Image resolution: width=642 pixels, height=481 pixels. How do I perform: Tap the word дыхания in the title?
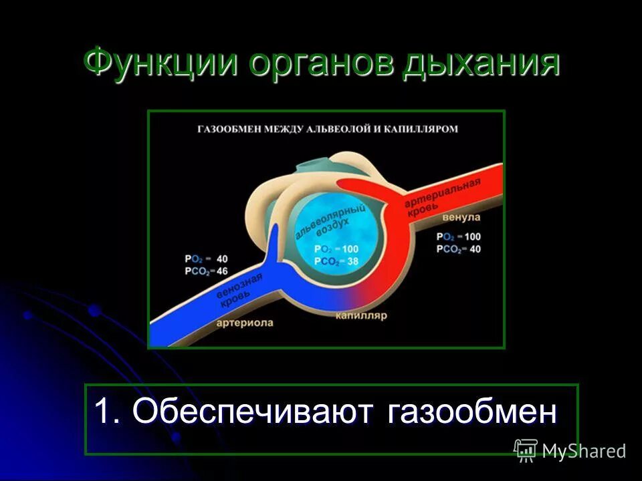point(481,65)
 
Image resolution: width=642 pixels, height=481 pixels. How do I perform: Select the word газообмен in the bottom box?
point(471,411)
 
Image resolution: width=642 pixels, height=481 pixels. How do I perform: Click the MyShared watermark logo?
point(570,450)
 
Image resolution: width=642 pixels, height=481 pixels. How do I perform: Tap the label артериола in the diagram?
point(245,323)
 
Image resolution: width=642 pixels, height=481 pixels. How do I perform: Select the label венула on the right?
point(460,218)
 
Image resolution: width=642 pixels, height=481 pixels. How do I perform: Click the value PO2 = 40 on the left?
point(206,259)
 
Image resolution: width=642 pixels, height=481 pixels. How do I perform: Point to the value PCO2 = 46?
point(206,271)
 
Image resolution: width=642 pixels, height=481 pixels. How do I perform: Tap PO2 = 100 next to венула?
point(458,236)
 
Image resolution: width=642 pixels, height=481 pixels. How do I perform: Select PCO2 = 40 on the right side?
point(458,249)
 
